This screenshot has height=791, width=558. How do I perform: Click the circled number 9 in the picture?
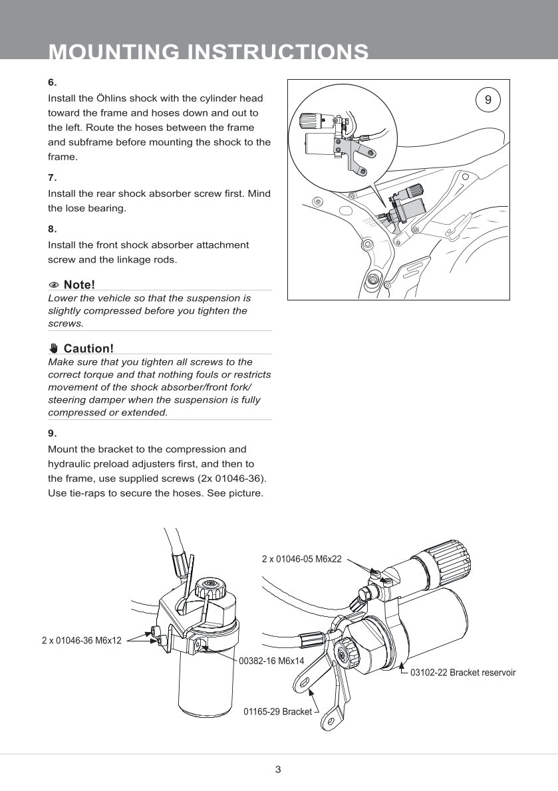click(x=488, y=100)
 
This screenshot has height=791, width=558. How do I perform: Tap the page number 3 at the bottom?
click(x=278, y=770)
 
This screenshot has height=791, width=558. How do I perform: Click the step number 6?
click(x=52, y=82)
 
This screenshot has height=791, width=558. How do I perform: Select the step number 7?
click(x=52, y=177)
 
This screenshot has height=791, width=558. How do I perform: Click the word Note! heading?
click(x=79, y=285)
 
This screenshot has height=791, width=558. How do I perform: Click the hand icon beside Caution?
click(x=55, y=348)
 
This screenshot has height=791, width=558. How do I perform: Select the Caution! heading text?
click(x=88, y=348)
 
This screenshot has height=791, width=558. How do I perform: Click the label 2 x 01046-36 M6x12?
click(x=81, y=641)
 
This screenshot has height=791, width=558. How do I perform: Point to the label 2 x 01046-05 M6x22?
click(x=301, y=559)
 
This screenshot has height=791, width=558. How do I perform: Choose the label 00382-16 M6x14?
click(x=271, y=661)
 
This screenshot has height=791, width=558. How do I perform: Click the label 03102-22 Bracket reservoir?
click(x=464, y=673)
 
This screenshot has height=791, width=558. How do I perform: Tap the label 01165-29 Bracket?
click(x=278, y=711)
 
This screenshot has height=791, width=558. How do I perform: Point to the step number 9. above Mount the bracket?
click(x=52, y=433)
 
